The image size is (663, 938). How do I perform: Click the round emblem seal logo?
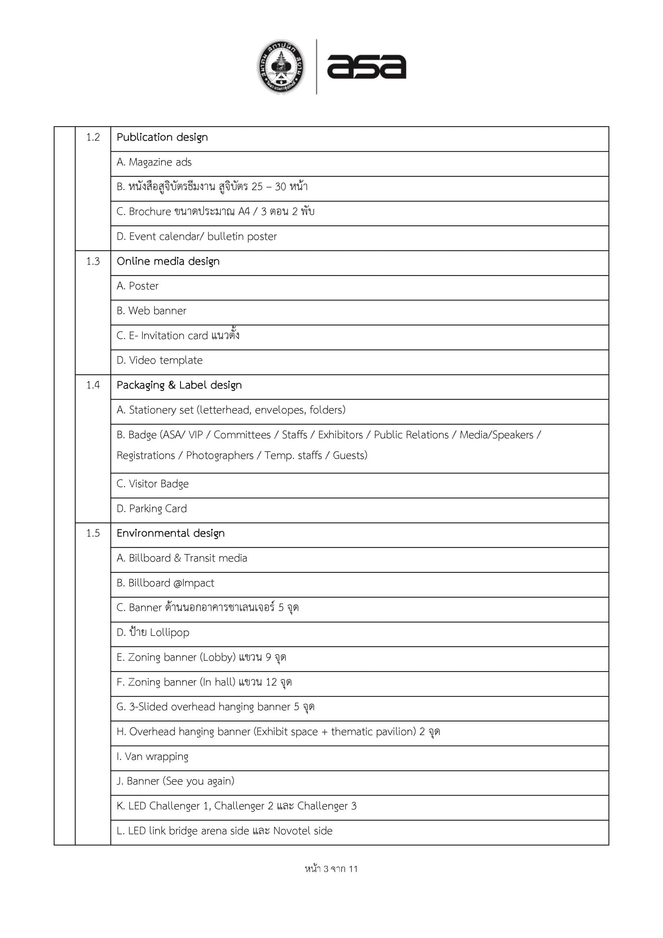click(x=281, y=67)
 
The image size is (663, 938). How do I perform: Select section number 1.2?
click(x=93, y=137)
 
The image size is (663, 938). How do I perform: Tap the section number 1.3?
click(x=93, y=262)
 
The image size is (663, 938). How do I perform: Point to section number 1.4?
click(x=93, y=385)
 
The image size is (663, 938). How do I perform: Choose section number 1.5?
click(x=93, y=533)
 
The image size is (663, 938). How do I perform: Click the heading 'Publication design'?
click(x=162, y=137)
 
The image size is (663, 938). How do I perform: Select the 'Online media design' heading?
click(x=168, y=262)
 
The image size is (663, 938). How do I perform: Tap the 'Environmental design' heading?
click(x=170, y=533)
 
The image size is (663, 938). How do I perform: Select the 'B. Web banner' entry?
click(x=151, y=311)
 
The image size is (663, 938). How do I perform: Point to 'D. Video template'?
click(x=159, y=360)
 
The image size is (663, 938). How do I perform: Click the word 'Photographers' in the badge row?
click(x=220, y=455)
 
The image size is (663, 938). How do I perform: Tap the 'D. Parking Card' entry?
click(x=152, y=509)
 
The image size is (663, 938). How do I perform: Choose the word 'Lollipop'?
click(x=170, y=633)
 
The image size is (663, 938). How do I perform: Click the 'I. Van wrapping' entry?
click(x=152, y=757)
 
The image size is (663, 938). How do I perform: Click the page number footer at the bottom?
click(x=331, y=869)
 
